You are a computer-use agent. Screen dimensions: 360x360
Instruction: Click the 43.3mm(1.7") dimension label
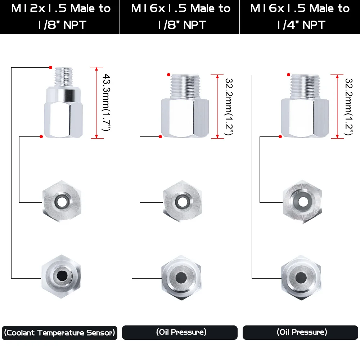coord(106,102)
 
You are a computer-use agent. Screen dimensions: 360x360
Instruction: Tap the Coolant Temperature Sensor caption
coord(59,333)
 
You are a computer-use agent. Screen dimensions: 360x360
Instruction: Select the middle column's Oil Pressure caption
coord(181,332)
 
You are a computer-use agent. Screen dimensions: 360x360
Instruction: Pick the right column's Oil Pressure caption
coord(302,332)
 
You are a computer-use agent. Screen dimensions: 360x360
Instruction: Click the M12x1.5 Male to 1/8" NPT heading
coord(61,17)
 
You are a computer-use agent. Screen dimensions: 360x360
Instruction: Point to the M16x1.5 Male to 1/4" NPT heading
coord(300,17)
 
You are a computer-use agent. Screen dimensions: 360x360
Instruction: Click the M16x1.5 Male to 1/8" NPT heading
coord(181,17)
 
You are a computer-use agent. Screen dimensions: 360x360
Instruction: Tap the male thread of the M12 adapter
coord(64,76)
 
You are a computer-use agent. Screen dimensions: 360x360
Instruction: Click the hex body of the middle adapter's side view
coord(185,118)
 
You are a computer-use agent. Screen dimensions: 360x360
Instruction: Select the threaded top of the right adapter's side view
coord(305,86)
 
